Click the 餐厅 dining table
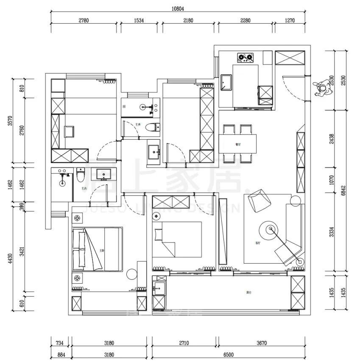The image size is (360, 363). coord(238,144)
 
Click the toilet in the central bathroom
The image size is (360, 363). coord(152,127)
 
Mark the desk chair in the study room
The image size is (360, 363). coord(69,131)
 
